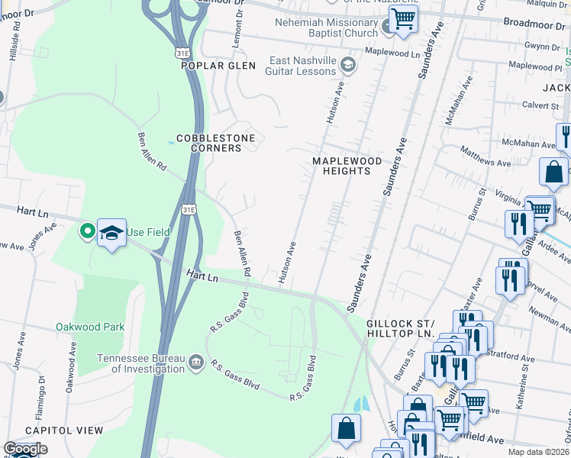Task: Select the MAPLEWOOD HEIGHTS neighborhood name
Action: coord(341,166)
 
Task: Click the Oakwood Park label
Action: coord(89,327)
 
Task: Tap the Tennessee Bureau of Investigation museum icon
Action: coord(196,361)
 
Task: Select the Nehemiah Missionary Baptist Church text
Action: coord(327,27)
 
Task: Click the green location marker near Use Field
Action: coord(89,231)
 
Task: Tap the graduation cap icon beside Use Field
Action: coord(111,233)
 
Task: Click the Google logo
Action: coord(24,449)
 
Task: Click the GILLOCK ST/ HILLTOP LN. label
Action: coord(400,329)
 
